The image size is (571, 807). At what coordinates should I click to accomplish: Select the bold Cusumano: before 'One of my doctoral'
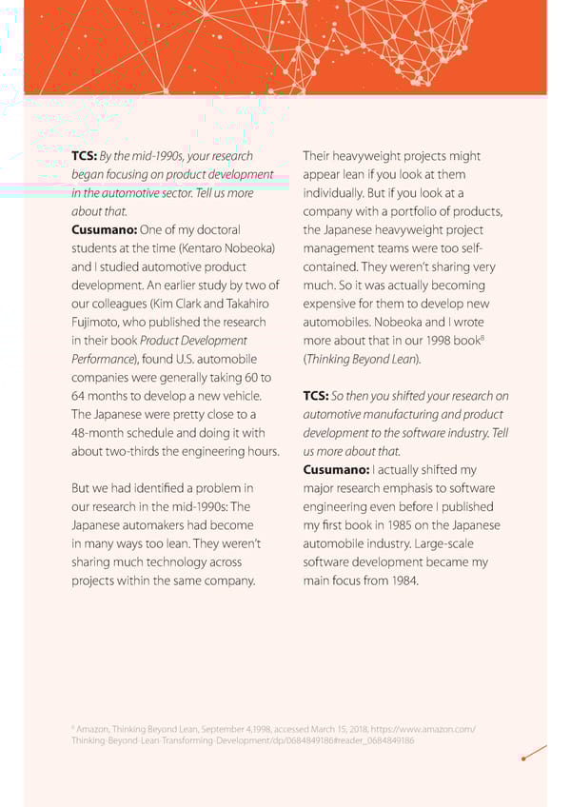pyautogui.click(x=104, y=229)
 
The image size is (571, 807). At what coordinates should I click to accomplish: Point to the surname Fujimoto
pyautogui.click(x=95, y=322)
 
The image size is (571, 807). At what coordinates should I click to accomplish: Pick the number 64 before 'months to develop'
pyautogui.click(x=80, y=396)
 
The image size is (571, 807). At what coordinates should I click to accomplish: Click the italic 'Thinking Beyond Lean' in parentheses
pyautogui.click(x=361, y=359)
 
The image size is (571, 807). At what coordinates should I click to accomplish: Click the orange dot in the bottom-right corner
pyautogui.click(x=523, y=758)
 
